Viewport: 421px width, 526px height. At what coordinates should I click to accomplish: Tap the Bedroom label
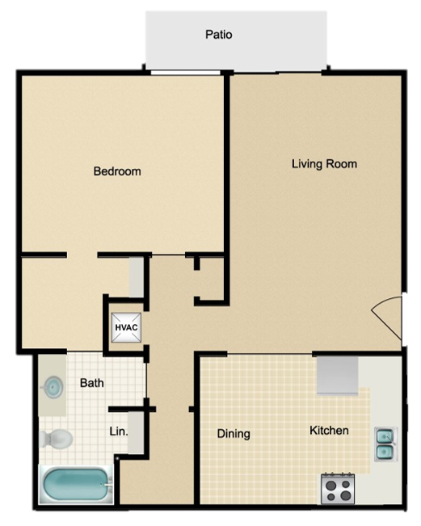(117, 171)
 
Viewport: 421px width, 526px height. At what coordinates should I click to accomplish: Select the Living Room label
(324, 164)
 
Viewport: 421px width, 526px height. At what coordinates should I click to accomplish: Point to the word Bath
(91, 383)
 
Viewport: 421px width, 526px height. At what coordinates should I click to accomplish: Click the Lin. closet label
(119, 431)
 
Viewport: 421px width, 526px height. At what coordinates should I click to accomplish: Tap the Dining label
(234, 434)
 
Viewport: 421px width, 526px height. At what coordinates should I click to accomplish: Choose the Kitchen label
(330, 431)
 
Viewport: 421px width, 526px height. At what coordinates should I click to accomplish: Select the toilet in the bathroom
(57, 439)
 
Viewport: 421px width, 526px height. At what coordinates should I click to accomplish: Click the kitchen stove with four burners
(339, 487)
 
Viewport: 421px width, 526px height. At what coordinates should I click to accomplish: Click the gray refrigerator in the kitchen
(337, 373)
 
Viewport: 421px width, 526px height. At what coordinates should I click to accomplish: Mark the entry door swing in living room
(388, 318)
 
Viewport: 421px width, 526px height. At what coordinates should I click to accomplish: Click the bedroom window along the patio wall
(185, 74)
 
